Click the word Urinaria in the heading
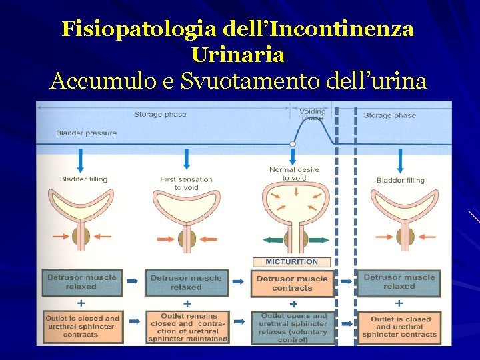point(237,54)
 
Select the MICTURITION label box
point(292,262)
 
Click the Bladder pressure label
point(86,133)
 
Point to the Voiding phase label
point(311,114)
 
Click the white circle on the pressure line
point(292,143)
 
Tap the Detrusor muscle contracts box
point(292,283)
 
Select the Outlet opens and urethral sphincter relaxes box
point(293,327)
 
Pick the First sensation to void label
point(186,183)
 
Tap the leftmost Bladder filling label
point(83,179)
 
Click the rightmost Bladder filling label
point(400,180)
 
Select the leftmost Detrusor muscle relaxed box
point(81,282)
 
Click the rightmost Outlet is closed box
point(400,327)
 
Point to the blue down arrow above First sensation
point(186,159)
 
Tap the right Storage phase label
point(389,115)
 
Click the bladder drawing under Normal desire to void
point(292,203)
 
